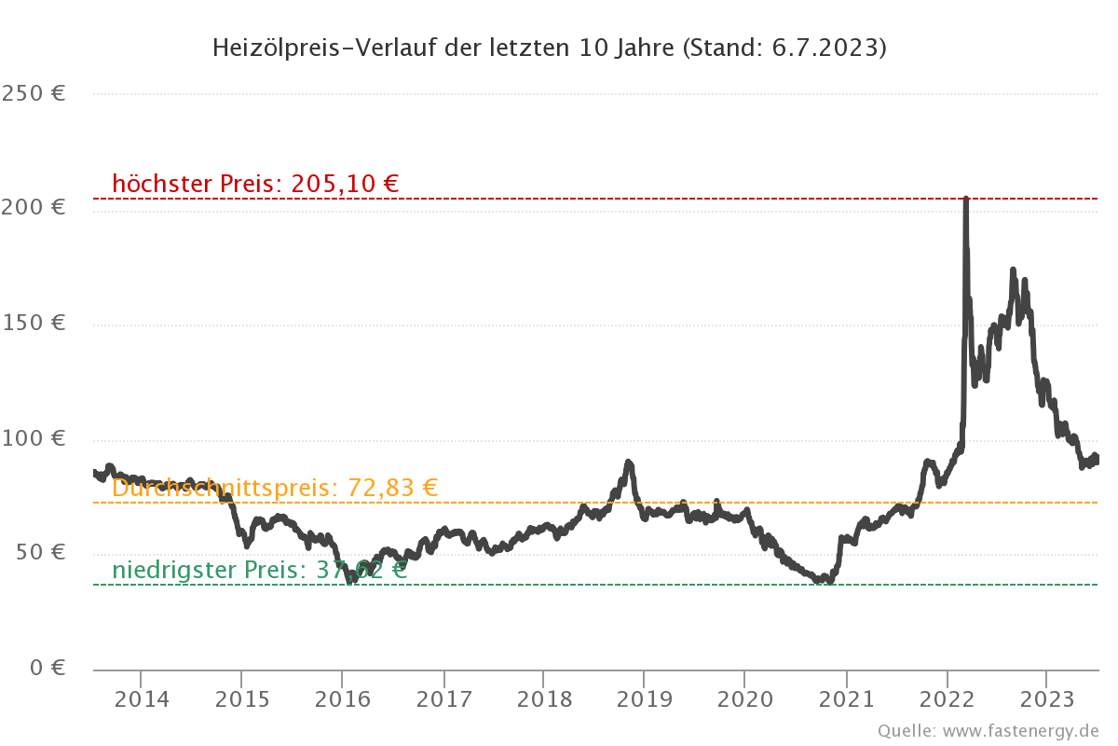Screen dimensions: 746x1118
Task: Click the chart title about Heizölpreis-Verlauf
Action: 549,48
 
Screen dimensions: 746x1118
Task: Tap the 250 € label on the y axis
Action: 33,93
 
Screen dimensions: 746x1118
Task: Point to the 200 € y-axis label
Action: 33,207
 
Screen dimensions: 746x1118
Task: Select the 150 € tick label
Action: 33,323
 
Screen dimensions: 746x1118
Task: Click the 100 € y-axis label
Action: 33,437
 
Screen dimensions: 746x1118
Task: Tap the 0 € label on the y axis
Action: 46,668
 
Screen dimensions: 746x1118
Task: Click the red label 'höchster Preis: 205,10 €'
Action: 255,184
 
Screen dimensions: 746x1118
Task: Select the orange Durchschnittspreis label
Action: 275,488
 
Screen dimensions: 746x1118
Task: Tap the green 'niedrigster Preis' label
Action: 259,570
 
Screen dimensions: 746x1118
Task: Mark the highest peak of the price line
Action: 965,199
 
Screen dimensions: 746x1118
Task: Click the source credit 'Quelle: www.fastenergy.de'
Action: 988,730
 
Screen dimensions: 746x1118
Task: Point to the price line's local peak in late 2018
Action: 628,463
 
